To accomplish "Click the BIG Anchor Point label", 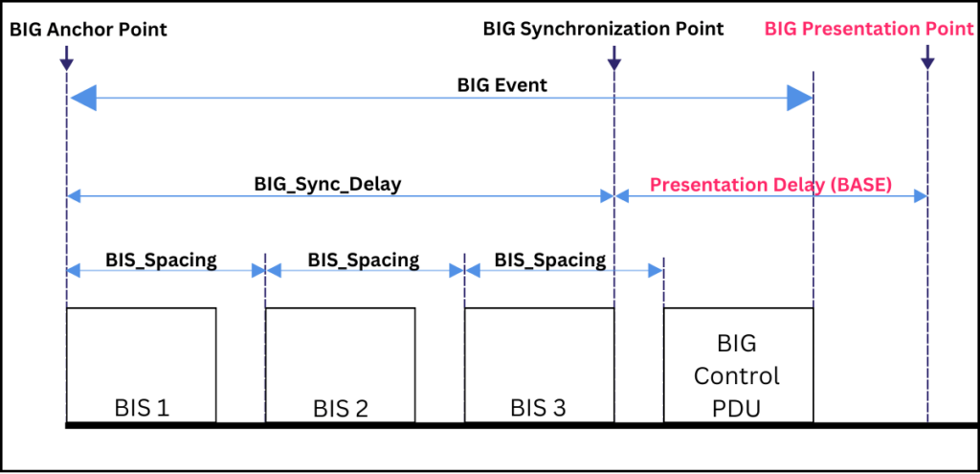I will [x=88, y=30].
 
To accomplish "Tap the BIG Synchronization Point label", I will [x=603, y=30].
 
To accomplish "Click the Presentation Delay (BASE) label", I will [x=770, y=185].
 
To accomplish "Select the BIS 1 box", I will [x=141, y=365].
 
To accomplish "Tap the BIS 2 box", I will [x=340, y=365].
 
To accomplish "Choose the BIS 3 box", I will [x=539, y=365].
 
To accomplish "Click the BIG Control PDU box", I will [x=737, y=365].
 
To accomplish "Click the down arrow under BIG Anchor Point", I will [x=65, y=60].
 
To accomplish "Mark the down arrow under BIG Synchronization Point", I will [x=613, y=60].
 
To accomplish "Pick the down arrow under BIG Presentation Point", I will [x=926, y=60].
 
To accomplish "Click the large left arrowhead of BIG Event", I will [x=83, y=98].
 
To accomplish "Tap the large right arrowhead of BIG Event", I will [x=799, y=98].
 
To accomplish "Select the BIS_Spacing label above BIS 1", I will [x=161, y=260].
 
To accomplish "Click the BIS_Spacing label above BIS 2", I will [x=364, y=260].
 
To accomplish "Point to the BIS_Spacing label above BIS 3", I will [x=550, y=260].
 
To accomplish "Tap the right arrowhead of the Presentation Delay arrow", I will [x=921, y=196].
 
